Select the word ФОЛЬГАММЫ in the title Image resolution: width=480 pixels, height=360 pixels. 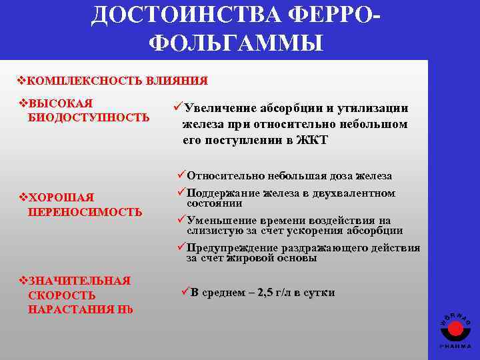236,43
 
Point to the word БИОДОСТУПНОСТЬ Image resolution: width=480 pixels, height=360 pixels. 89,118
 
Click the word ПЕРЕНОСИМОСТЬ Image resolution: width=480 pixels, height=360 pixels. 85,212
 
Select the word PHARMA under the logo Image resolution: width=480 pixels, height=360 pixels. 455,347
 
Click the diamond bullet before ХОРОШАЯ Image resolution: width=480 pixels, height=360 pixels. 24,198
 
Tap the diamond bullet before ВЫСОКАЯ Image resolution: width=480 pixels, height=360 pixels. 24,104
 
